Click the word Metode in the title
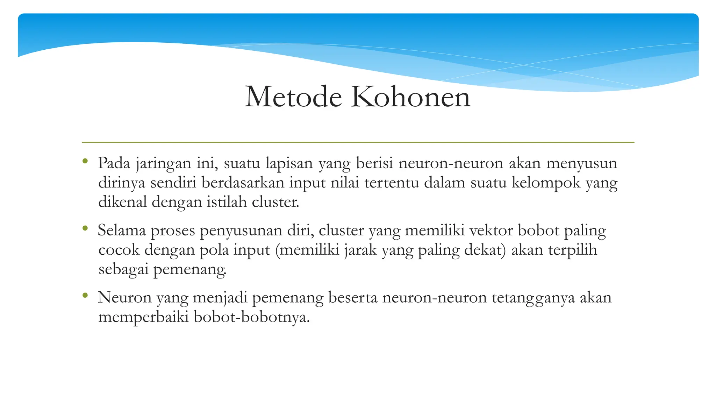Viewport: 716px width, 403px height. (x=293, y=97)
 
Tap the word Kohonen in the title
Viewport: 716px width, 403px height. (x=411, y=97)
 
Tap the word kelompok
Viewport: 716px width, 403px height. (x=546, y=183)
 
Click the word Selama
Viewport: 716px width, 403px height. (x=122, y=231)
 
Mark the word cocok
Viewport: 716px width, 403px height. (x=119, y=250)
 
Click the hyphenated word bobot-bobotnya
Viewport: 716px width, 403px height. (x=251, y=317)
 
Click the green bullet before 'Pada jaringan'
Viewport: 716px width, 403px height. (x=85, y=161)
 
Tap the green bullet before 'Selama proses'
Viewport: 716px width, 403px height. (x=85, y=228)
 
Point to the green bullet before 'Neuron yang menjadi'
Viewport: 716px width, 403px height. (x=85, y=296)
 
